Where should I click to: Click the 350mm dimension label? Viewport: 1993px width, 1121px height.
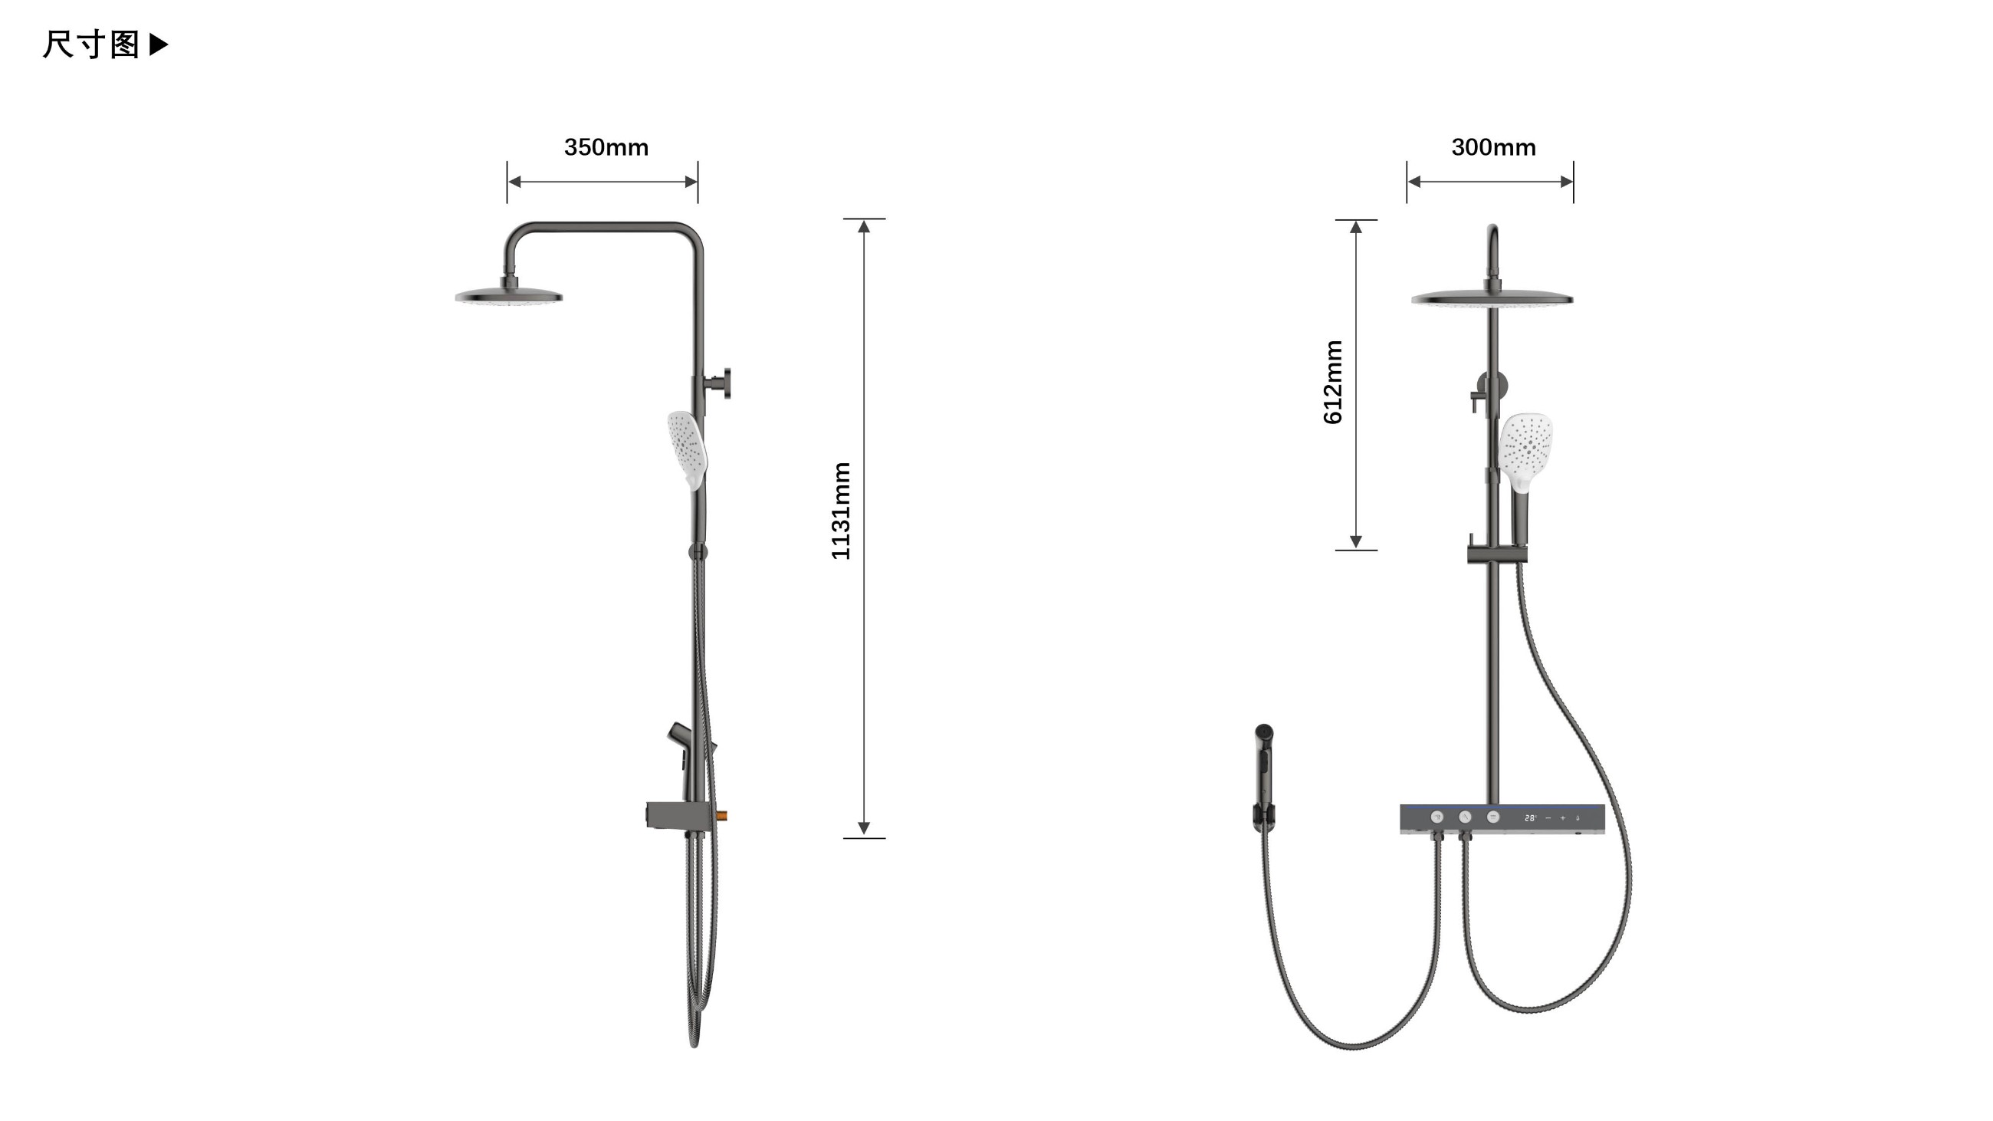(x=606, y=147)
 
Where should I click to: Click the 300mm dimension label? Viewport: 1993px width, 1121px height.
(x=1493, y=147)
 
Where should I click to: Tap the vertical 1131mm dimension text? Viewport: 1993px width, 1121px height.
(x=841, y=511)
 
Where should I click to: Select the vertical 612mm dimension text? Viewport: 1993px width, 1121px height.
(x=1333, y=382)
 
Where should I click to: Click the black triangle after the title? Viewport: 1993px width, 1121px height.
(x=158, y=44)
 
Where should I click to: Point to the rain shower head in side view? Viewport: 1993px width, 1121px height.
(x=508, y=296)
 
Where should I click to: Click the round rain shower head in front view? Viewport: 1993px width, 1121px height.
(x=1492, y=298)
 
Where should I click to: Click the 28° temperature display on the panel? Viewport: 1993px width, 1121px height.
(x=1530, y=817)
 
